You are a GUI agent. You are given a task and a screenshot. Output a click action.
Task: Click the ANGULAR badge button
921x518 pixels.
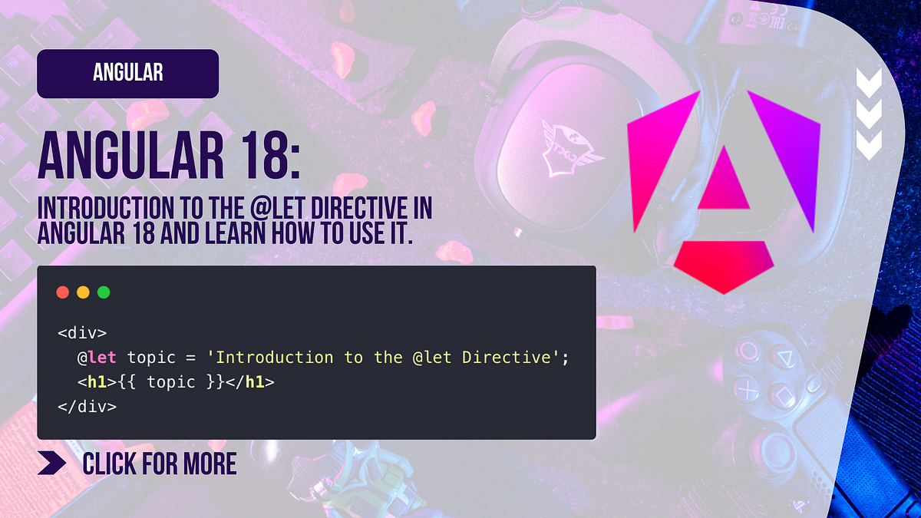coord(127,74)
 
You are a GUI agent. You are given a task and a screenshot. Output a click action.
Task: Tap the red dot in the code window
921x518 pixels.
coord(63,292)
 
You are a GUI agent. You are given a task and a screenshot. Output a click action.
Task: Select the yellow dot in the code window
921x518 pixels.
coord(83,292)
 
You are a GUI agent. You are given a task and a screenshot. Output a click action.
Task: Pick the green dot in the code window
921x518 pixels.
coord(104,292)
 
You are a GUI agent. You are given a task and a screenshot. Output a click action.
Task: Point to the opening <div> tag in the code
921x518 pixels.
coord(82,334)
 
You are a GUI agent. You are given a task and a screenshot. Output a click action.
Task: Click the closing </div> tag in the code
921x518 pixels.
coord(87,406)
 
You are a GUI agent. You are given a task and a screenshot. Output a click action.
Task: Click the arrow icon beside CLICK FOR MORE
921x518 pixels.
coord(52,464)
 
